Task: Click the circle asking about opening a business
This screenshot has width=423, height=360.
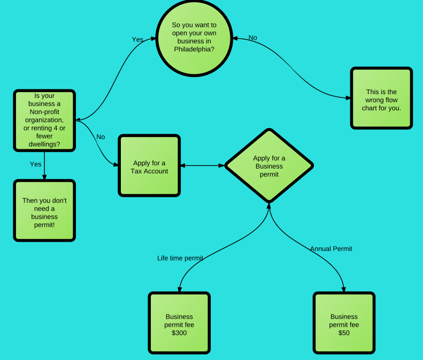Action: click(x=194, y=37)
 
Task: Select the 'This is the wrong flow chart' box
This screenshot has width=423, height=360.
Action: click(x=381, y=98)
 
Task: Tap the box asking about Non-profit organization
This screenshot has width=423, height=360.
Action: click(x=44, y=120)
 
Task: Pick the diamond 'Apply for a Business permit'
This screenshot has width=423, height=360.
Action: click(x=269, y=165)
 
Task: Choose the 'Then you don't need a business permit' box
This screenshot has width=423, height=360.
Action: click(x=44, y=210)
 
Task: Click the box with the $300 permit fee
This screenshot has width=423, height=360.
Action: click(x=179, y=323)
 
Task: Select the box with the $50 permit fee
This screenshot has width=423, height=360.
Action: click(x=344, y=323)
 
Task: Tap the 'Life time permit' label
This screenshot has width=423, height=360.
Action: click(x=180, y=258)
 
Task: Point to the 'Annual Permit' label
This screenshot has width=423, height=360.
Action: click(x=331, y=249)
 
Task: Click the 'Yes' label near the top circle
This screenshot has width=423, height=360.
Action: click(x=137, y=40)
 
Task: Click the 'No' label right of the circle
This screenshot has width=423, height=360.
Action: click(x=253, y=37)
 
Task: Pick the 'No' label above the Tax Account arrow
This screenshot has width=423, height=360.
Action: click(x=101, y=137)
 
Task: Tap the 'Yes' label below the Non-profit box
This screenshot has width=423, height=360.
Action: click(x=35, y=164)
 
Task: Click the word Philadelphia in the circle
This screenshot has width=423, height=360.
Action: click(x=194, y=49)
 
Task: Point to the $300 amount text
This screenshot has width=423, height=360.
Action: click(x=179, y=333)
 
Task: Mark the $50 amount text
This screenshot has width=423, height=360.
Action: click(x=344, y=333)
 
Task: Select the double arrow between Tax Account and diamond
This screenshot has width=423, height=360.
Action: click(x=203, y=165)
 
